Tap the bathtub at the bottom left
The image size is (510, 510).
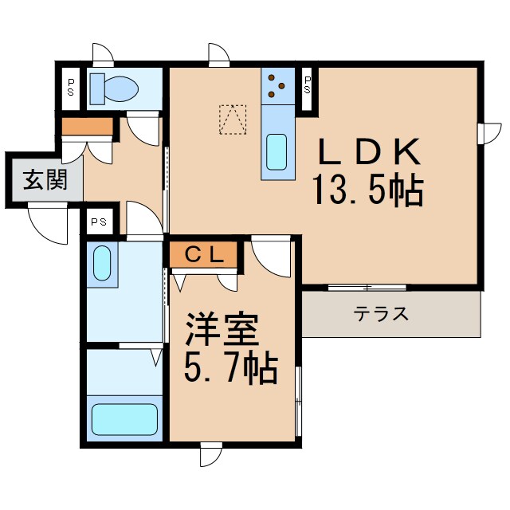coord(125,418)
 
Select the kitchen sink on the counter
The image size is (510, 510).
coord(276,151)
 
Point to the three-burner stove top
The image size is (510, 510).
coord(277,85)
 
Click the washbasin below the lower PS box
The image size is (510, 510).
coord(102,262)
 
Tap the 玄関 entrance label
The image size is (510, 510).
coord(43,181)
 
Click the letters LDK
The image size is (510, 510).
coord(369,151)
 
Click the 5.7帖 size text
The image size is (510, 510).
coord(231,368)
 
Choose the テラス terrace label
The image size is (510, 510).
coord(382,313)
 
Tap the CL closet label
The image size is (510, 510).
coord(202,254)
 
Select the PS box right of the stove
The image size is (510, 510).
coord(308,84)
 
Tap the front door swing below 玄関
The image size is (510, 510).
coord(49,220)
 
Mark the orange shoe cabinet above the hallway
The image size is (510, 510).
coord(87,126)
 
